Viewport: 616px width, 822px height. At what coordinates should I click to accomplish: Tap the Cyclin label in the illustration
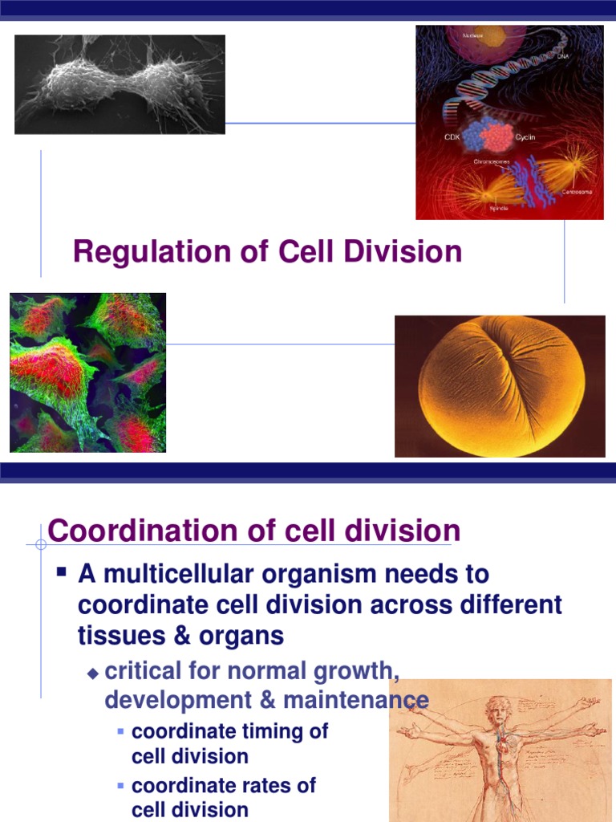click(525, 137)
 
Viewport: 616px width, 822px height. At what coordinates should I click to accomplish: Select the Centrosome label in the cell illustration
click(577, 191)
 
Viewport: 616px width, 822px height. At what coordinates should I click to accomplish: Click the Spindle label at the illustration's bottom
click(498, 208)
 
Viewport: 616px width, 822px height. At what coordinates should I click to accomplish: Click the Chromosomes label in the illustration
click(491, 161)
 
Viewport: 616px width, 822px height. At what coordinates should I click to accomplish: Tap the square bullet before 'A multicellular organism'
click(61, 573)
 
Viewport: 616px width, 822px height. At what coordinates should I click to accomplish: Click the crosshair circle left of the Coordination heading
click(41, 544)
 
